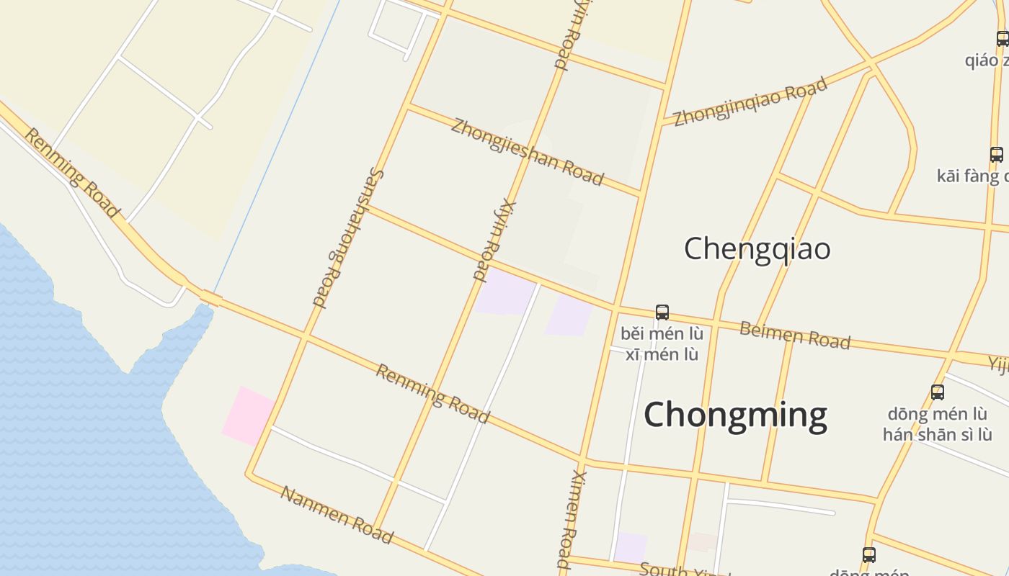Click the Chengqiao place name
pyautogui.click(x=757, y=249)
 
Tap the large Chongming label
pyautogui.click(x=735, y=415)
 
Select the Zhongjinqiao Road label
pyautogui.click(x=750, y=102)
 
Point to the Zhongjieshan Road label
pyautogui.click(x=527, y=152)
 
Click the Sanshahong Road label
pyautogui.click(x=348, y=238)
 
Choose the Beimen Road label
pyautogui.click(x=795, y=336)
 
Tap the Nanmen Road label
pyautogui.click(x=337, y=515)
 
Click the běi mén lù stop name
pyautogui.click(x=662, y=334)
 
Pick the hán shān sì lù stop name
pyautogui.click(x=937, y=434)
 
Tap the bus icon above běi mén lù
pyautogui.click(x=662, y=312)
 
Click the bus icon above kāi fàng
pyautogui.click(x=997, y=155)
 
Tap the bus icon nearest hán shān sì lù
pyautogui.click(x=938, y=392)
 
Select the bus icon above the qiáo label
pyautogui.click(x=1003, y=39)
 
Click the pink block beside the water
pyautogui.click(x=247, y=415)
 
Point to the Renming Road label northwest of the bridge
pyautogui.click(x=71, y=173)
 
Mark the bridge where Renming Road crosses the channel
pyautogui.click(x=210, y=297)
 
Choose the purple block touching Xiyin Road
pyautogui.click(x=504, y=292)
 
